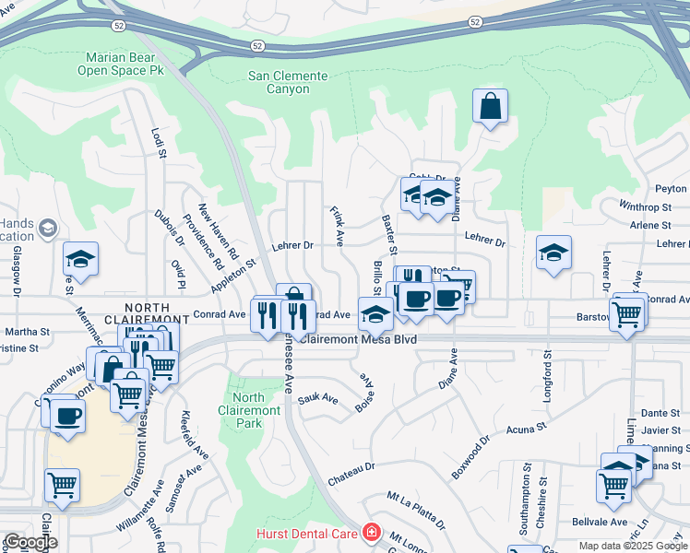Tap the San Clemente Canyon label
pyautogui.click(x=288, y=83)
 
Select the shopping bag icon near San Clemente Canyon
pyautogui.click(x=491, y=106)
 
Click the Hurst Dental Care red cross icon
pyautogui.click(x=372, y=533)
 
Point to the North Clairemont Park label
pyautogui.click(x=249, y=411)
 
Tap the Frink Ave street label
pyautogui.click(x=338, y=226)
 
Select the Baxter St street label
pyautogui.click(x=389, y=236)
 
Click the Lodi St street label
pyautogui.click(x=158, y=142)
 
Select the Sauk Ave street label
pyautogui.click(x=318, y=400)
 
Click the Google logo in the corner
pyautogui.click(x=30, y=542)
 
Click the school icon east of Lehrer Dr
pyautogui.click(x=553, y=253)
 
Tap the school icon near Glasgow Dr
pyautogui.click(x=80, y=260)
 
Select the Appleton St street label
pyautogui.click(x=232, y=276)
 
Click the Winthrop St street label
pyautogui.click(x=646, y=207)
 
